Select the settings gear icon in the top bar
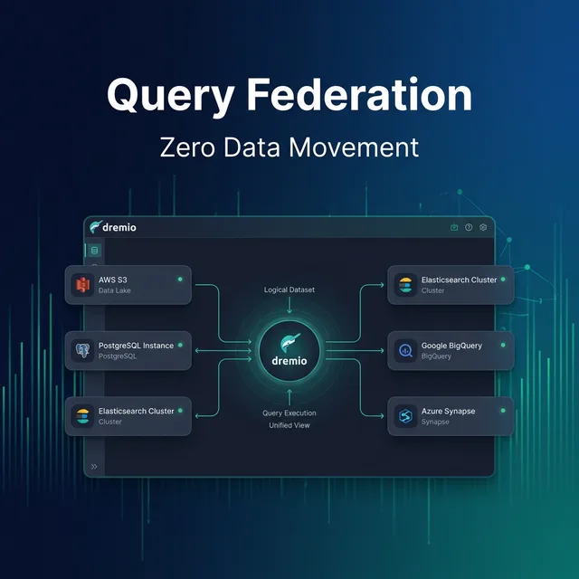(x=483, y=227)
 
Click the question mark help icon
(x=469, y=227)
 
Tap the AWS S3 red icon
(x=84, y=285)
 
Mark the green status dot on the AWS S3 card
(x=180, y=279)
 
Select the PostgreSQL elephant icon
(x=84, y=350)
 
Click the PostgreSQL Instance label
(x=136, y=345)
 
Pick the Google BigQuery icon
(x=404, y=350)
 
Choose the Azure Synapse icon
(x=404, y=416)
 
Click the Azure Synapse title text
(x=448, y=411)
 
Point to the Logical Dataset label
(x=289, y=289)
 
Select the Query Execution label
(x=289, y=413)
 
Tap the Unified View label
(x=289, y=424)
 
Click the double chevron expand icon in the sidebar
(x=94, y=467)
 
